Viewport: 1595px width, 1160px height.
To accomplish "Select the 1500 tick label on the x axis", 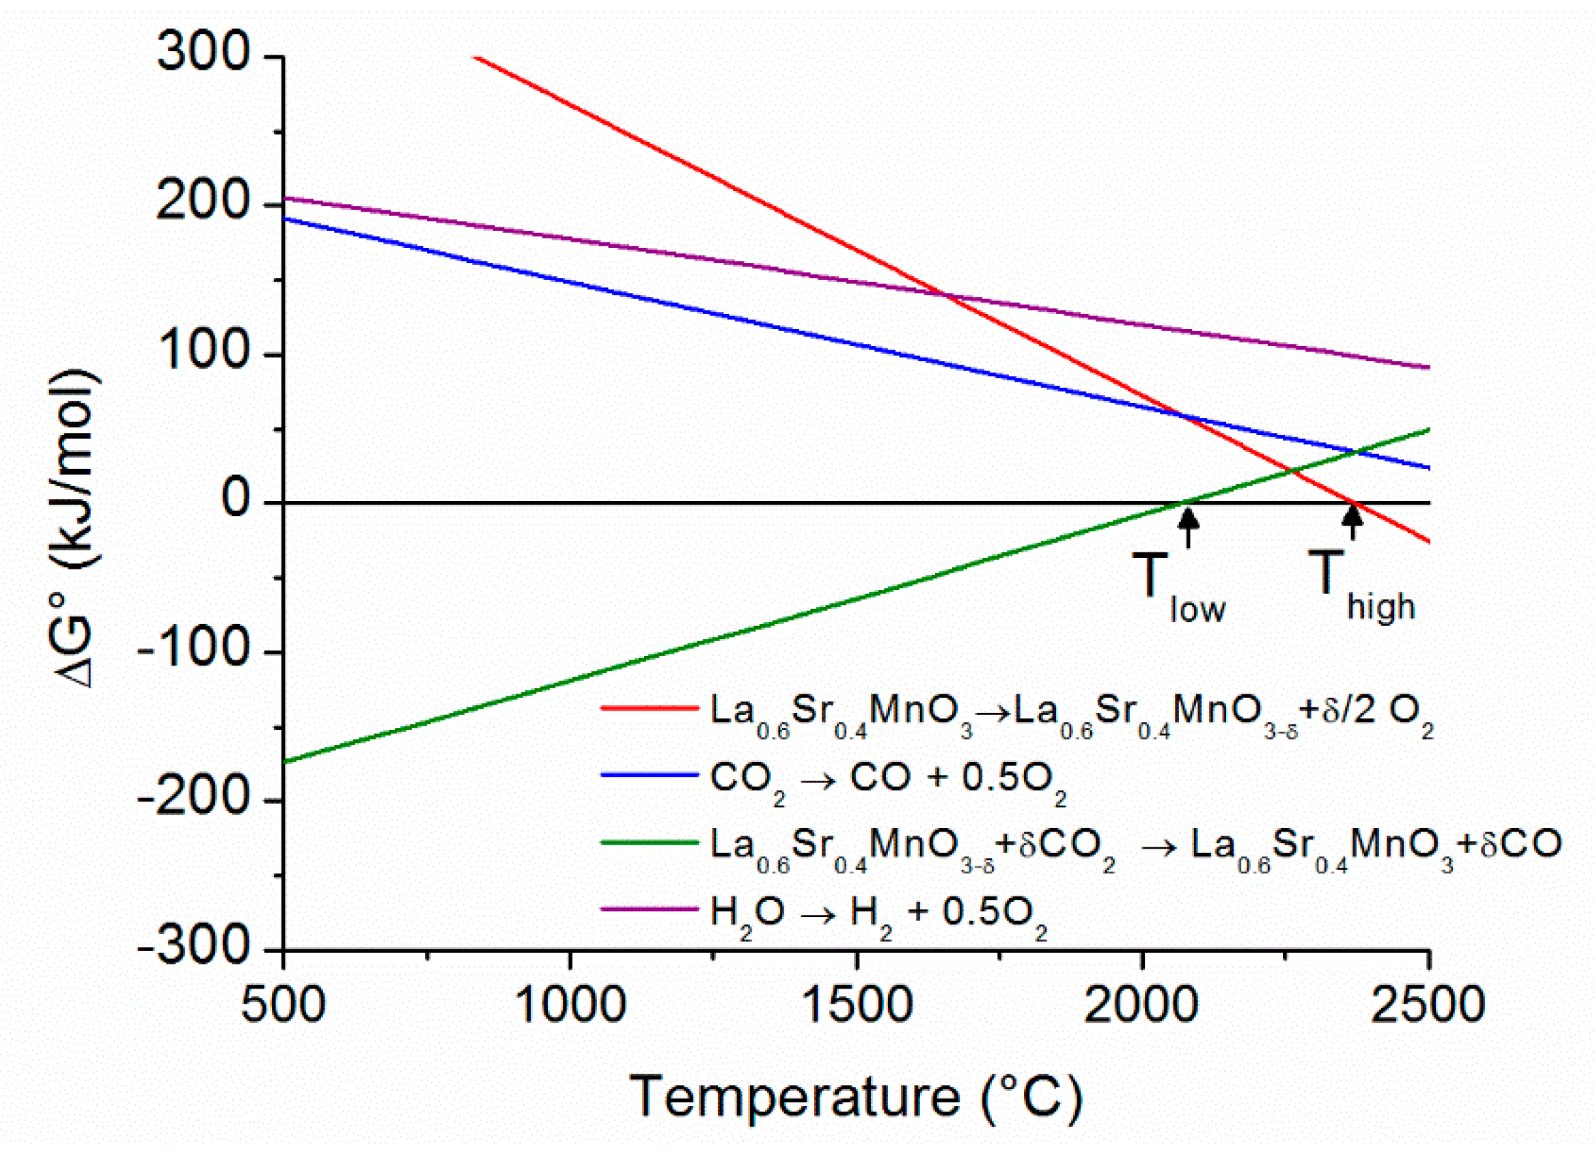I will pos(857,1005).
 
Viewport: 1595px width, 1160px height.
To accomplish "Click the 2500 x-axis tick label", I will pos(1428,1005).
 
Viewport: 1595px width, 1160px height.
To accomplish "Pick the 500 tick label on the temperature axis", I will pos(283,1005).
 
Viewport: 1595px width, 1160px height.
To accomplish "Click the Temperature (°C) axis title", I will pos(855,1097).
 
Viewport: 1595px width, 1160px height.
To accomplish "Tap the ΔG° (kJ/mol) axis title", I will pos(76,527).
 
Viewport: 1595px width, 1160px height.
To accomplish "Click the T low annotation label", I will pos(1177,588).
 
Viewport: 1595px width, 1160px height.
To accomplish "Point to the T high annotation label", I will pos(1360,586).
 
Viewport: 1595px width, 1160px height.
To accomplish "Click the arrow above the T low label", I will pos(1188,527).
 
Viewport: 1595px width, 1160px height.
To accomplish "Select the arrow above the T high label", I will pos(1352,522).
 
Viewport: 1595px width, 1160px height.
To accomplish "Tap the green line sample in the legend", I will pos(648,843).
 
